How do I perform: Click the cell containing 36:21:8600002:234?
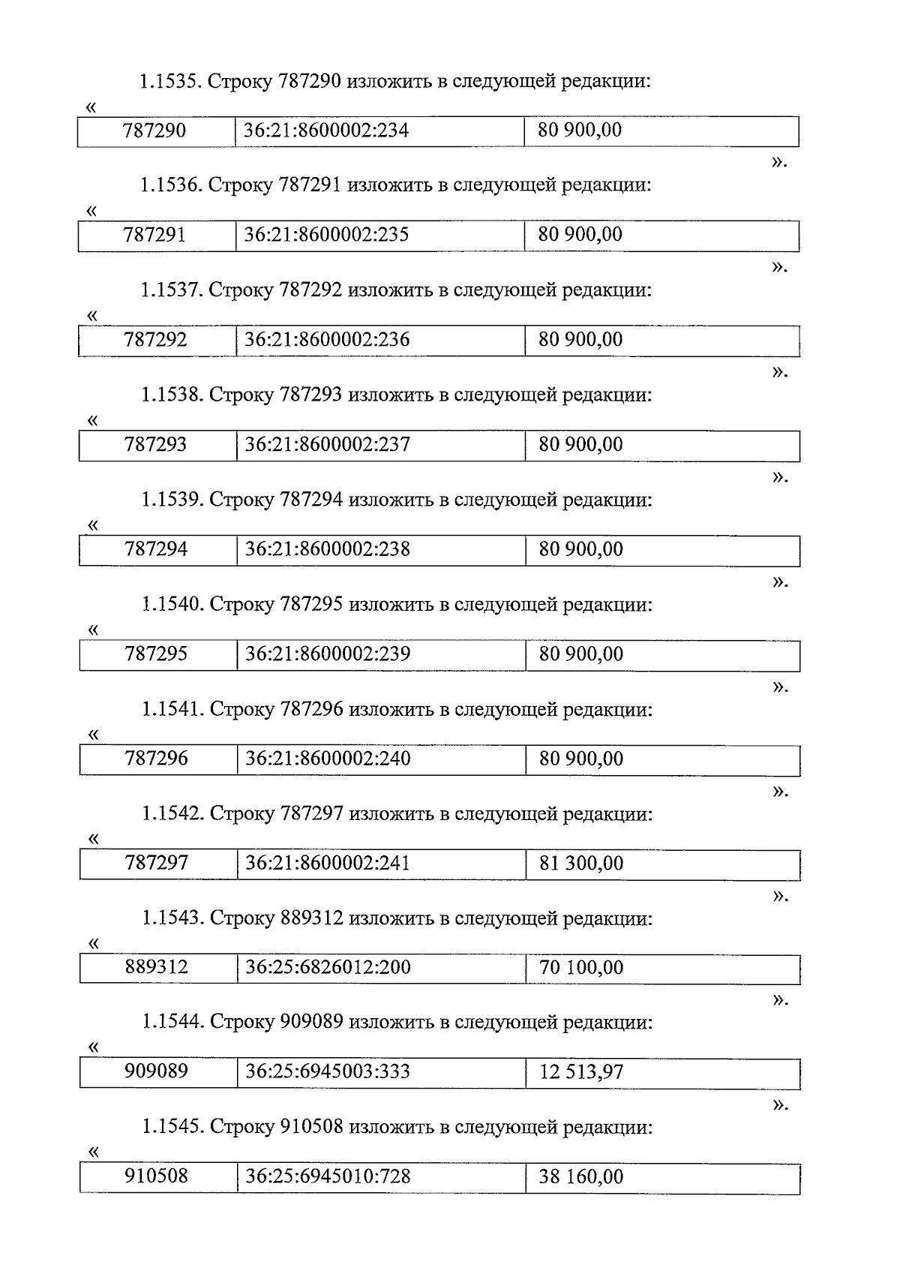pos(326,131)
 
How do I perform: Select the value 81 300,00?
pos(580,864)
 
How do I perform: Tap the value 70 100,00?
pos(580,968)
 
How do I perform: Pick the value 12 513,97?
pos(580,1072)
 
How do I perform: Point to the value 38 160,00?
pos(580,1176)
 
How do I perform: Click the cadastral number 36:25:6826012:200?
pos(328,968)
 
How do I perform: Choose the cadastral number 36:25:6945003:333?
pos(328,1072)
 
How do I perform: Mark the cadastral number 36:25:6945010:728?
pos(328,1176)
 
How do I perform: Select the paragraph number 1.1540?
pos(172,605)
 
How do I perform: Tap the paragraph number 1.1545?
pos(172,1127)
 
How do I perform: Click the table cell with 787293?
pos(156,445)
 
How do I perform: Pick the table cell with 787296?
pos(156,759)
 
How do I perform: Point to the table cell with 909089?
pos(156,1072)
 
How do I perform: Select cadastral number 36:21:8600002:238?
pos(328,549)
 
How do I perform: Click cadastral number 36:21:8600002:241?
pos(328,864)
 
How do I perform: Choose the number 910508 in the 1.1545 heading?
pos(311,1127)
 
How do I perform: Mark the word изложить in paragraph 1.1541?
pos(389,709)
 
